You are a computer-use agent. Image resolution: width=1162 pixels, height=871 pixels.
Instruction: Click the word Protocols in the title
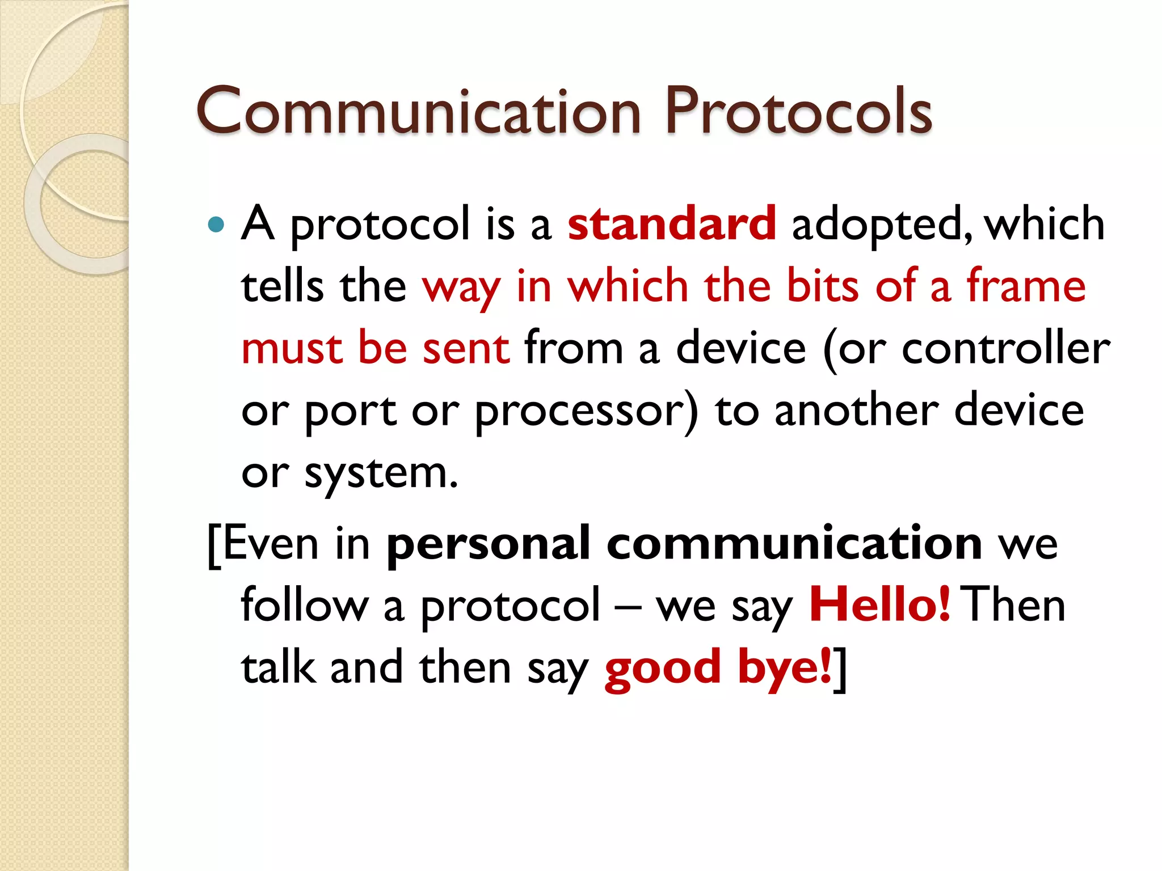point(798,112)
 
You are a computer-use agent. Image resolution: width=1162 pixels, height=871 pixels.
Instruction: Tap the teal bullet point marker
point(216,225)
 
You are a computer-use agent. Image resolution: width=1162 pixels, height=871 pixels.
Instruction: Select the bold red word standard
point(672,223)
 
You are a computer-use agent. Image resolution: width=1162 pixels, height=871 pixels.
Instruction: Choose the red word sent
point(466,348)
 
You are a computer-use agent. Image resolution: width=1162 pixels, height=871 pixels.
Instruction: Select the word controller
point(1005,348)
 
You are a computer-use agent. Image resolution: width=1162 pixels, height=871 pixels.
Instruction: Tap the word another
point(857,410)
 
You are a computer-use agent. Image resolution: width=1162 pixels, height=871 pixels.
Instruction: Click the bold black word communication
point(794,543)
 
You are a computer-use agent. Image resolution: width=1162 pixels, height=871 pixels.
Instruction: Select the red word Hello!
point(879,605)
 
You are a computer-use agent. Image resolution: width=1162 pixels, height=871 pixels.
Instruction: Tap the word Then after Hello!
point(1015,605)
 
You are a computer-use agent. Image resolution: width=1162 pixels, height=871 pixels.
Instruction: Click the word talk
point(278,667)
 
